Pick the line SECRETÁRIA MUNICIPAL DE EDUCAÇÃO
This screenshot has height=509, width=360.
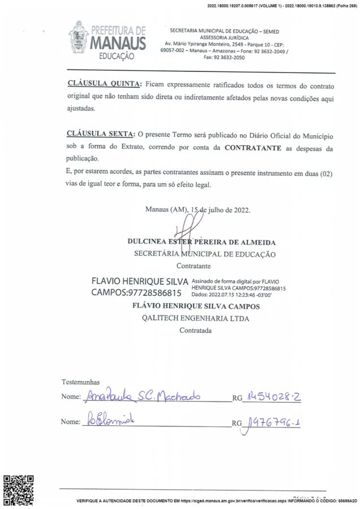[204, 254]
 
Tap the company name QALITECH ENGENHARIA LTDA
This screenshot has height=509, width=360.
[196, 318]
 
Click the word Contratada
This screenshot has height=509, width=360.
[195, 330]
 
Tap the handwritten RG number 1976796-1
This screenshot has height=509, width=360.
[270, 422]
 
